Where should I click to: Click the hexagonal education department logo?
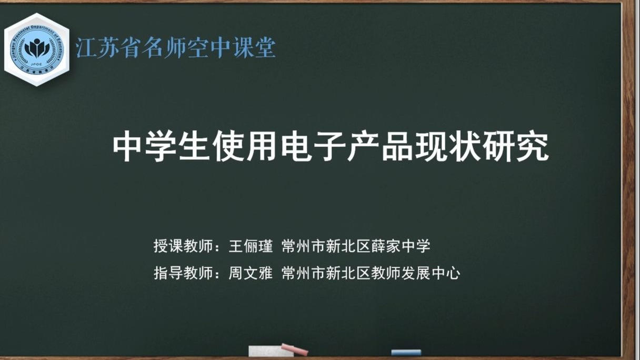37,49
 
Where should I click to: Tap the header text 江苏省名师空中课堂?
176,48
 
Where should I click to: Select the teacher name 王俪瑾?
251,246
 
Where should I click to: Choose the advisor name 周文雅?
251,273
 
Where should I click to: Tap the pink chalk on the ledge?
295,349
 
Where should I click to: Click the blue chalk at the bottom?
406,352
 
